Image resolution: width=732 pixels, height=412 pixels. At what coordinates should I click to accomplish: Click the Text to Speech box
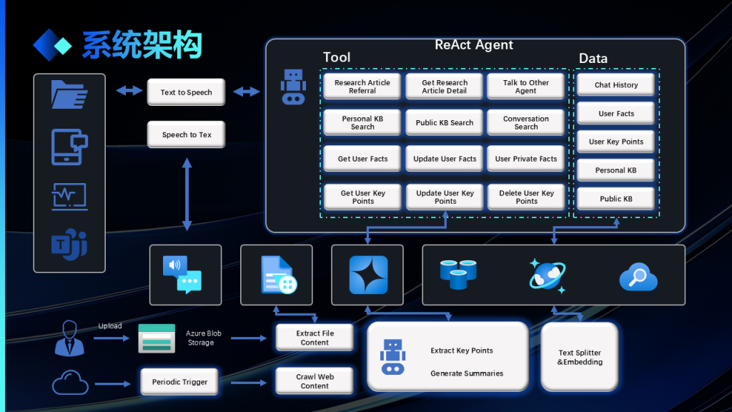[186, 92]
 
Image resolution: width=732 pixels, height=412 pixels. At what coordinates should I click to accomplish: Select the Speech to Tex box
[186, 134]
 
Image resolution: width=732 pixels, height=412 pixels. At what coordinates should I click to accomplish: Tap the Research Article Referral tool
[362, 87]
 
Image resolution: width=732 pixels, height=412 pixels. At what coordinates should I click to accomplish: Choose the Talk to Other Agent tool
[525, 87]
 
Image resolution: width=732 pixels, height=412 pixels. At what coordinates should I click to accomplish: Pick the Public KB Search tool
[444, 122]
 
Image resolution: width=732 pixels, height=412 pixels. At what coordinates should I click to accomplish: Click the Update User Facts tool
[444, 159]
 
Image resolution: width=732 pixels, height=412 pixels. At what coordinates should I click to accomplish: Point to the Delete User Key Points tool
[526, 197]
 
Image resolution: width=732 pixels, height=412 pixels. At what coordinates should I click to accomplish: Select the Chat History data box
[615, 85]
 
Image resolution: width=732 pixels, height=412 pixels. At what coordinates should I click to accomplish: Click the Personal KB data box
[615, 170]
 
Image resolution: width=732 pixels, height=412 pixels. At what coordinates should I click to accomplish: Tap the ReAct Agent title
[474, 45]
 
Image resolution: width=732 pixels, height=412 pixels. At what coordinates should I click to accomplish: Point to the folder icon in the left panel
[69, 94]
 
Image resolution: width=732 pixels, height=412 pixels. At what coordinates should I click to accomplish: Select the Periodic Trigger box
[179, 382]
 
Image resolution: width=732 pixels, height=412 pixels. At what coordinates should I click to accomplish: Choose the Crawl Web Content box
[315, 381]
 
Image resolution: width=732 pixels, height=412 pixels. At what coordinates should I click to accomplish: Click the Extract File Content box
[315, 338]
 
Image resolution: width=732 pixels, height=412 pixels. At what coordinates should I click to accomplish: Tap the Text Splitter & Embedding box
[579, 358]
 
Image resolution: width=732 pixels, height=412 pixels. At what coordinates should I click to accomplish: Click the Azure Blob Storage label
[203, 338]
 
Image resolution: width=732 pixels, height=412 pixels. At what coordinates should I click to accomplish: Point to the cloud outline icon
[70, 383]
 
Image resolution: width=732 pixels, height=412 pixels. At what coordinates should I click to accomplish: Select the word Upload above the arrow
[110, 326]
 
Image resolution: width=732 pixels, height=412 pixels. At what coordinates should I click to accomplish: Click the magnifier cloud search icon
[638, 276]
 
